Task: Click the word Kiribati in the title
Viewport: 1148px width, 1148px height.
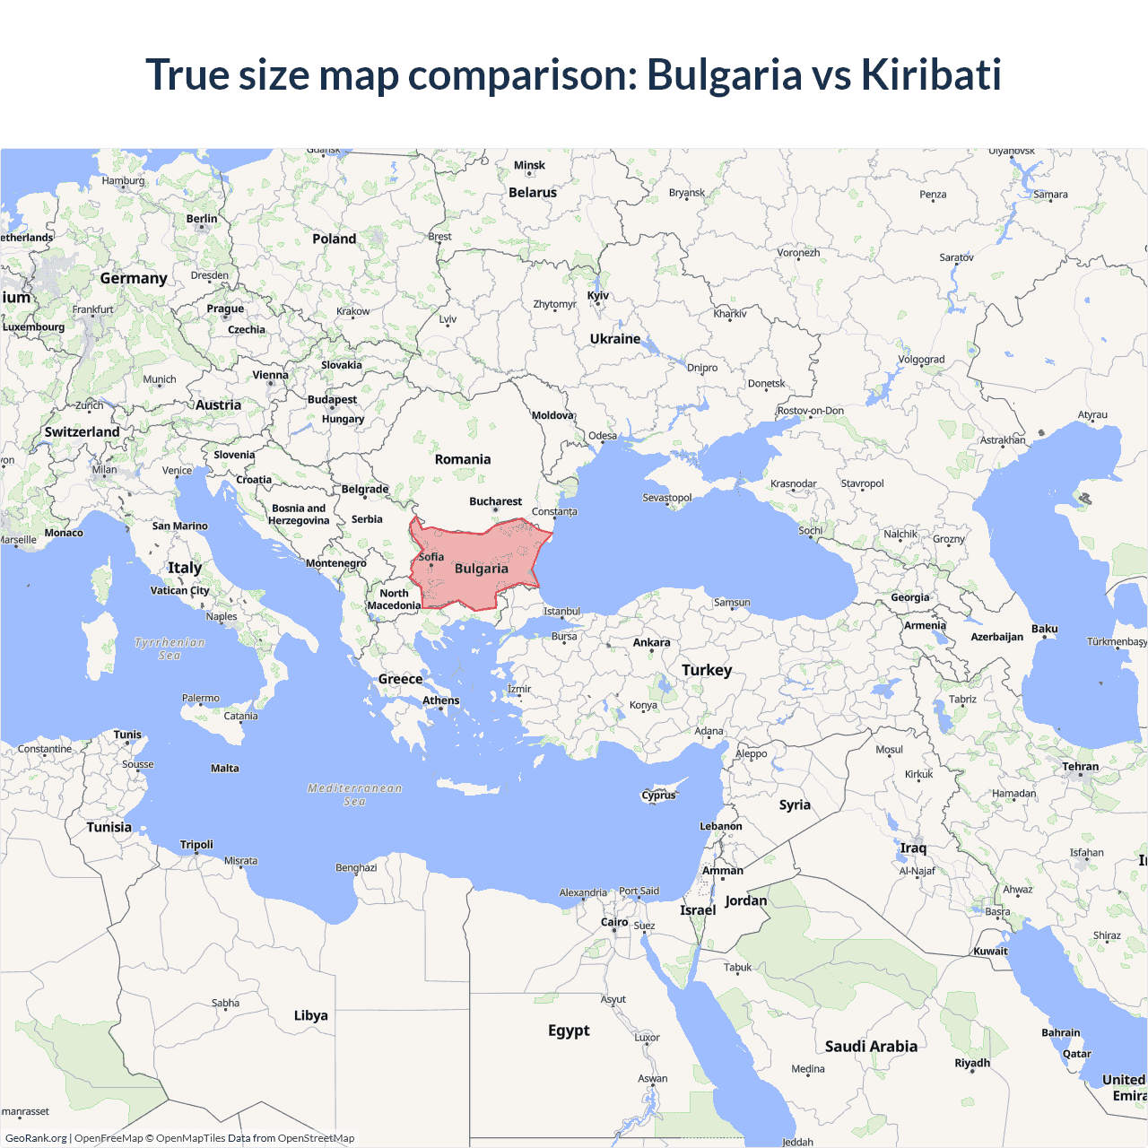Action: (x=931, y=74)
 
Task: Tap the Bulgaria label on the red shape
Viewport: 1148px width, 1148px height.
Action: (x=481, y=569)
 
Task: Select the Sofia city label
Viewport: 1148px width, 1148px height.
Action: (x=431, y=557)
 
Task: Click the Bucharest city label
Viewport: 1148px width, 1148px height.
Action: (x=495, y=501)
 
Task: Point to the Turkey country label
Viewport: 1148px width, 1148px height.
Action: (x=707, y=670)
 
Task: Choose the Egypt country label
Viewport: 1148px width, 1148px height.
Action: (x=569, y=1031)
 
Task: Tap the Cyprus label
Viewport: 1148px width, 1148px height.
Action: (x=658, y=795)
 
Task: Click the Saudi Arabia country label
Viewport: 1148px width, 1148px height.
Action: (x=871, y=1047)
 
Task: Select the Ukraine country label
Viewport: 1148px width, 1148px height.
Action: (x=615, y=339)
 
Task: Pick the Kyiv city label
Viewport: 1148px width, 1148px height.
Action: (x=598, y=295)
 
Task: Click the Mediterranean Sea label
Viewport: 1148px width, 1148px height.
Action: (x=355, y=795)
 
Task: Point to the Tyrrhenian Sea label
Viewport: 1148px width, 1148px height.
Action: (x=170, y=648)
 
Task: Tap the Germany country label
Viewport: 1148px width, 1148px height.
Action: (x=134, y=278)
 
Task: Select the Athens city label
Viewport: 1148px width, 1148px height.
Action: (x=440, y=700)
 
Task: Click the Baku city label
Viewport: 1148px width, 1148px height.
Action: (x=1044, y=629)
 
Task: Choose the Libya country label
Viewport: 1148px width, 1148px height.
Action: (x=310, y=1015)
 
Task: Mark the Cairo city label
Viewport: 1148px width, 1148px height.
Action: (x=614, y=922)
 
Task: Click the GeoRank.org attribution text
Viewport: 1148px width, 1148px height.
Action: (x=36, y=1138)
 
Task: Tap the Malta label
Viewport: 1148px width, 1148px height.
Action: (x=225, y=769)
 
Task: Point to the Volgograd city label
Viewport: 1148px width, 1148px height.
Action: (x=921, y=360)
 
